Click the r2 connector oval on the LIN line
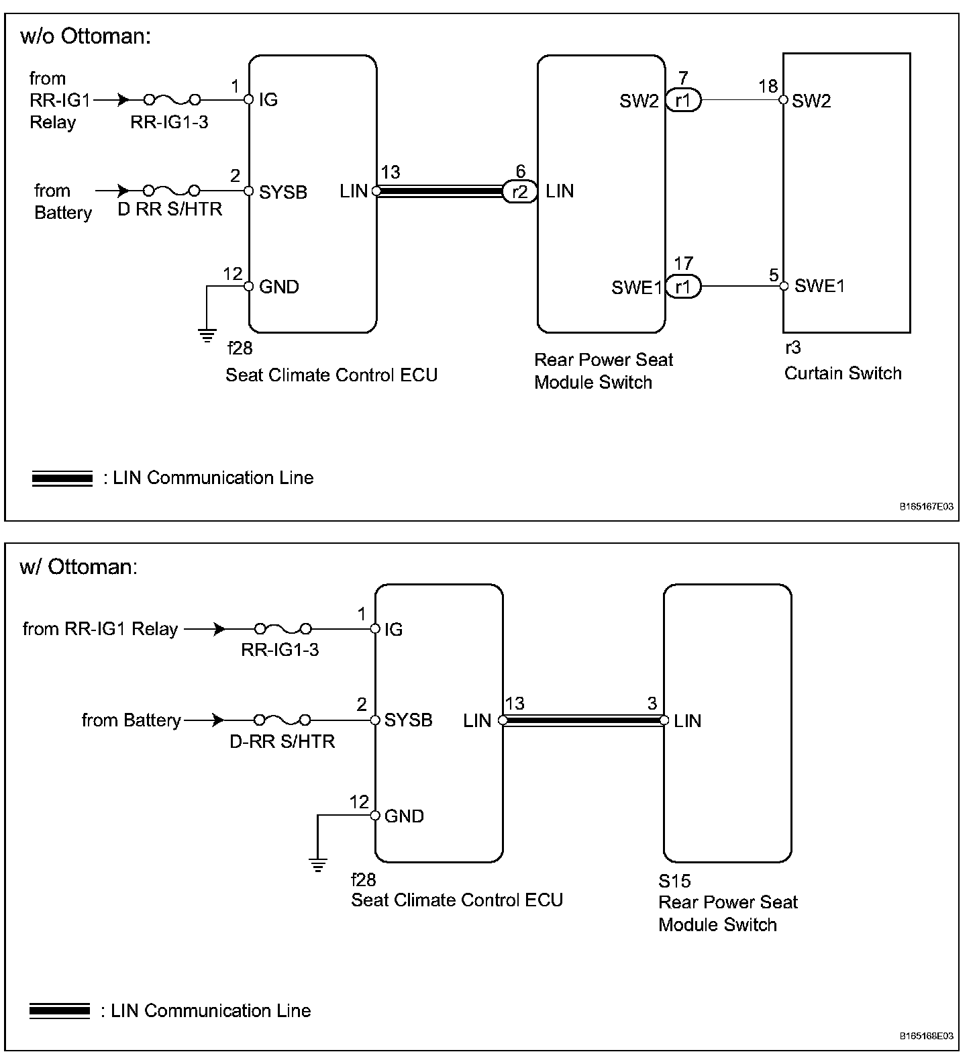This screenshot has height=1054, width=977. (x=519, y=192)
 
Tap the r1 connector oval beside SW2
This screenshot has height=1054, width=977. (x=683, y=101)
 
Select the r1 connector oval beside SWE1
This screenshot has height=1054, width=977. (x=683, y=287)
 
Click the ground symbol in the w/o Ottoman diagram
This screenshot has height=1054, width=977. (x=207, y=334)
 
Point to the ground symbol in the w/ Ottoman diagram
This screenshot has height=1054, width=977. (x=319, y=863)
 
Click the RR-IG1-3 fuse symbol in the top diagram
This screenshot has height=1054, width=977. (x=172, y=100)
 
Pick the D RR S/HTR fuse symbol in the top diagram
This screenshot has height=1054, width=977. (x=172, y=191)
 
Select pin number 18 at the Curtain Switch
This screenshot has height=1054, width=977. (x=768, y=87)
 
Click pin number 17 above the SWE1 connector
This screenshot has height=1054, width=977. (x=683, y=263)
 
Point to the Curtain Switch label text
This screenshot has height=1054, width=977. (x=842, y=373)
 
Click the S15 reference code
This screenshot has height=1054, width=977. (x=674, y=880)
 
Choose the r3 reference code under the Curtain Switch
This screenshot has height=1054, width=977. (x=792, y=348)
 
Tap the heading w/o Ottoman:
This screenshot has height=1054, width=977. (x=86, y=36)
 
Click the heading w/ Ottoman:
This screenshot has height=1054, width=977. (x=79, y=567)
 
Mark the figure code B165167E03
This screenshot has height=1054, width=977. (x=926, y=508)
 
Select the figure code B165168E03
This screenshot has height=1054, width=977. (x=926, y=1036)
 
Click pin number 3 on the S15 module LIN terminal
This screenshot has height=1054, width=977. (x=652, y=704)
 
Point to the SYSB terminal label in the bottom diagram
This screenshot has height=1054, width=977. (x=408, y=720)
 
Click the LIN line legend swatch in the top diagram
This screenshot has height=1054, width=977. (x=62, y=479)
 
